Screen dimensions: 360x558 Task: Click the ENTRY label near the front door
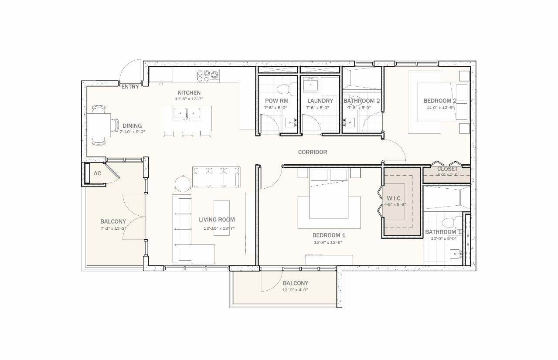130,87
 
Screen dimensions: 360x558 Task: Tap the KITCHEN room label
189,93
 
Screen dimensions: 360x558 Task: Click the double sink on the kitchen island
186,113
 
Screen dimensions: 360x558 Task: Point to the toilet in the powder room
283,89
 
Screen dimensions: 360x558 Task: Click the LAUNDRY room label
320,101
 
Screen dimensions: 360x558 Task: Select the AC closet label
97,173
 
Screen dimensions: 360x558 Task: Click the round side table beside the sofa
183,182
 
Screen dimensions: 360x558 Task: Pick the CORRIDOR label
312,152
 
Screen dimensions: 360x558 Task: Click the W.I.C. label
394,198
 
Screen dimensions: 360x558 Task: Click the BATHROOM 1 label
443,232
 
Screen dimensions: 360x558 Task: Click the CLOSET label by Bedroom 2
447,169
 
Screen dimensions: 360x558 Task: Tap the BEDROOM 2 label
440,101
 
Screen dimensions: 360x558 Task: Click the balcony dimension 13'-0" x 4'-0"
295,290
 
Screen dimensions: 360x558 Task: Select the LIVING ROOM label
217,220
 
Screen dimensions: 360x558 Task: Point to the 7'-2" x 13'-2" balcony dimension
113,228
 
